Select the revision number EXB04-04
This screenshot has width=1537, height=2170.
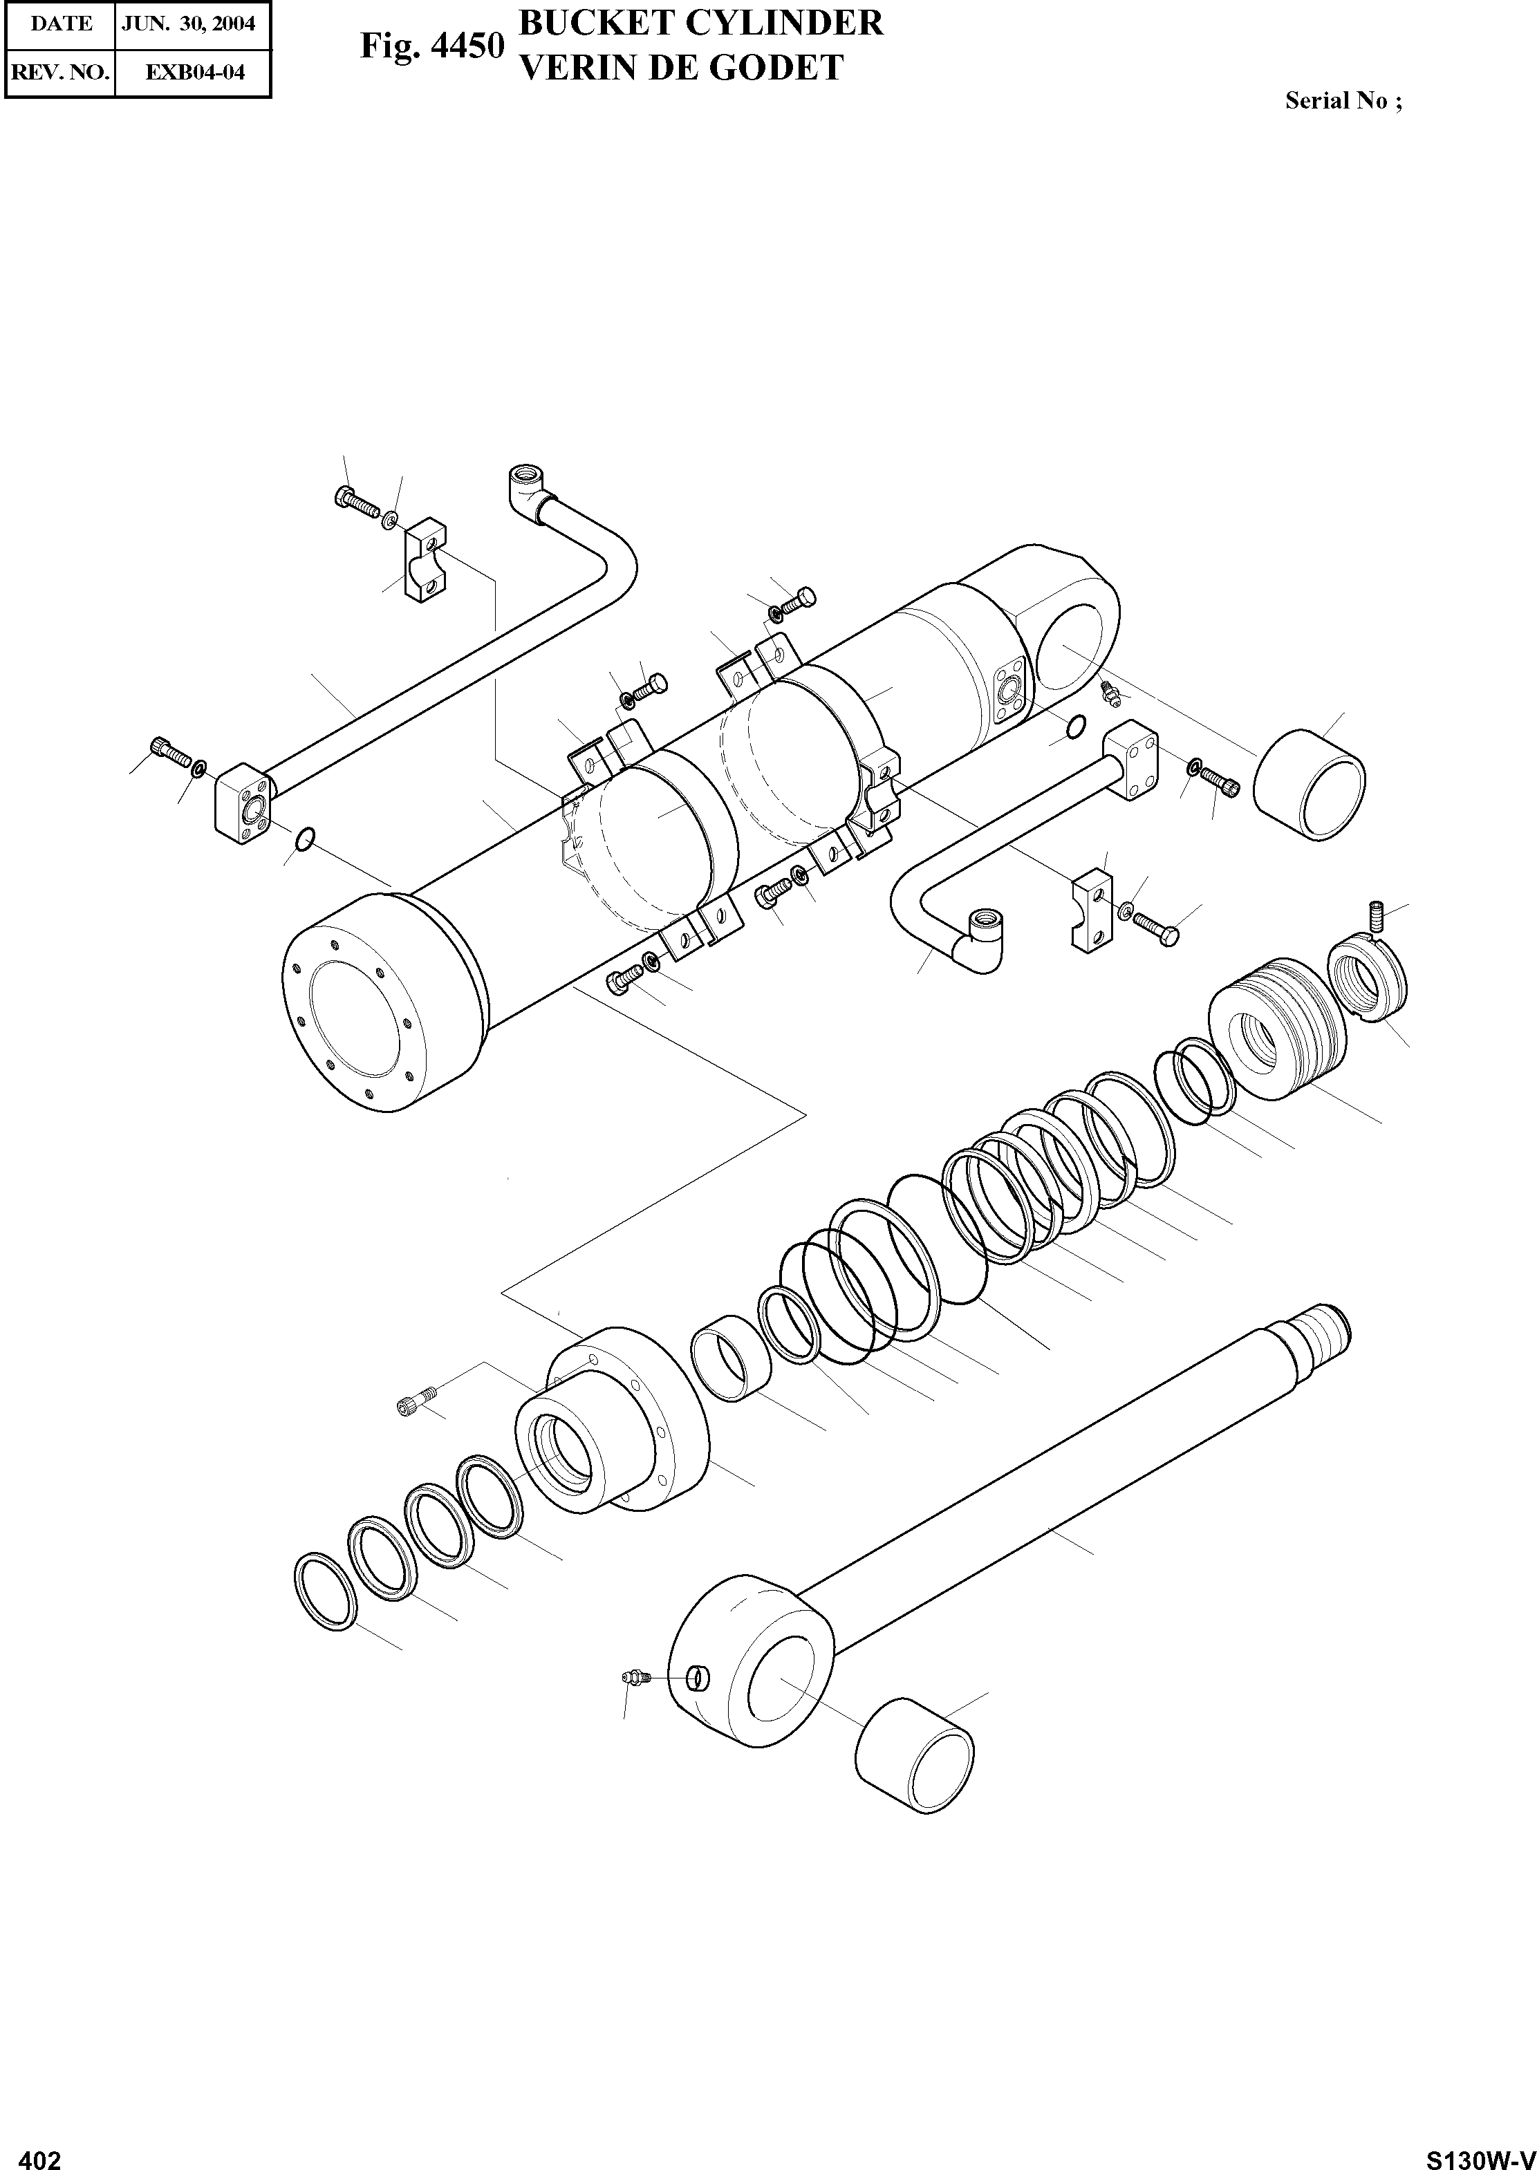pyautogui.click(x=195, y=72)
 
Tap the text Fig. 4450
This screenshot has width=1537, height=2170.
pyautogui.click(x=431, y=46)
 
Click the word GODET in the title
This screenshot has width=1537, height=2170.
pyautogui.click(x=778, y=68)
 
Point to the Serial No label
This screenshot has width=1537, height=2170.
pyautogui.click(x=1342, y=101)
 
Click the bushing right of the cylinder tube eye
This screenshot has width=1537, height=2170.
pyautogui.click(x=1310, y=783)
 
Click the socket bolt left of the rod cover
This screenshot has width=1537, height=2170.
pyautogui.click(x=416, y=1405)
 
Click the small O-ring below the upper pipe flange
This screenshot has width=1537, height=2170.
pyautogui.click(x=304, y=839)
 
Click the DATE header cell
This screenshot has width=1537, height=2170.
pyautogui.click(x=61, y=24)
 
